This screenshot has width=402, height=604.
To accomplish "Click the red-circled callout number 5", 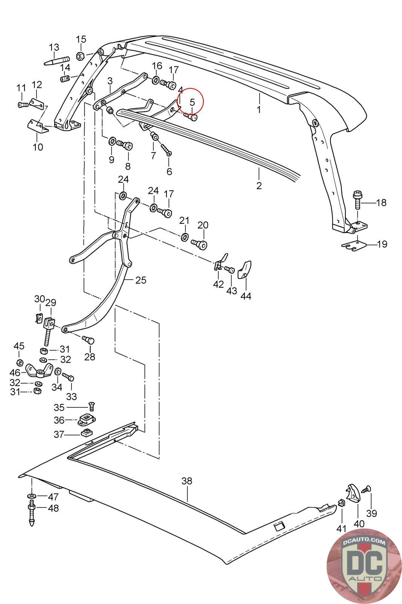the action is pyautogui.click(x=192, y=102).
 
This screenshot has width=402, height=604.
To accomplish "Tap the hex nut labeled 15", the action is pyautogui.click(x=81, y=55).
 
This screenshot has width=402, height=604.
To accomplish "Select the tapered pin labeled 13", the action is pyautogui.click(x=57, y=60).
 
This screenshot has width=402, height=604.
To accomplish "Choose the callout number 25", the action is pyautogui.click(x=141, y=280).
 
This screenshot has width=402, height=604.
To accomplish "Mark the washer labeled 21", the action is pyautogui.click(x=184, y=237).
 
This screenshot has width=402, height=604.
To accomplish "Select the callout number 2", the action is pyautogui.click(x=259, y=185).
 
